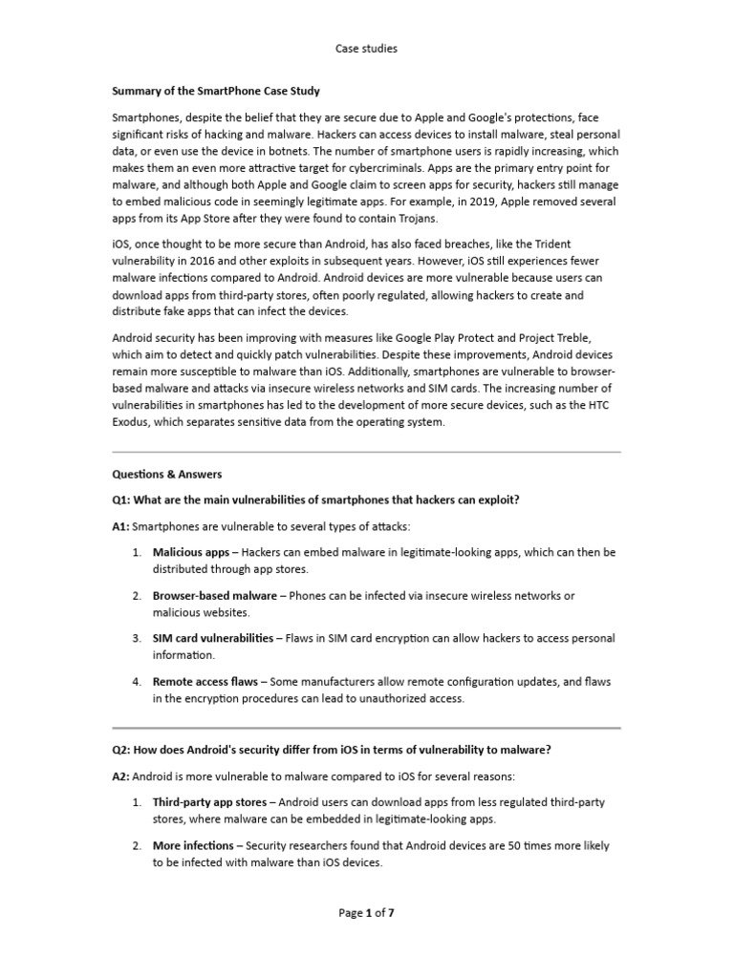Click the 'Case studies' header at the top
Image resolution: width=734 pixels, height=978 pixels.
tap(366, 47)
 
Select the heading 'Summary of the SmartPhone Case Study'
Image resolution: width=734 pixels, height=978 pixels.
tap(216, 91)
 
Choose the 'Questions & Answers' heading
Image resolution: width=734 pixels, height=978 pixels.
tap(167, 474)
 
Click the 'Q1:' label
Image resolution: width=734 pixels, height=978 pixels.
tap(122, 500)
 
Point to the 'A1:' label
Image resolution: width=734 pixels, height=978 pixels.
tap(121, 526)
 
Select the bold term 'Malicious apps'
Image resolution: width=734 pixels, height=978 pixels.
tap(191, 552)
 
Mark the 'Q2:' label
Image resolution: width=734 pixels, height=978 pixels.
tap(122, 750)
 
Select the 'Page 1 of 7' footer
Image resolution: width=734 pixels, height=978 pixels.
tap(366, 912)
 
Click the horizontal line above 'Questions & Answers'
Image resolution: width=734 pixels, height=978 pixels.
tap(366, 452)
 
